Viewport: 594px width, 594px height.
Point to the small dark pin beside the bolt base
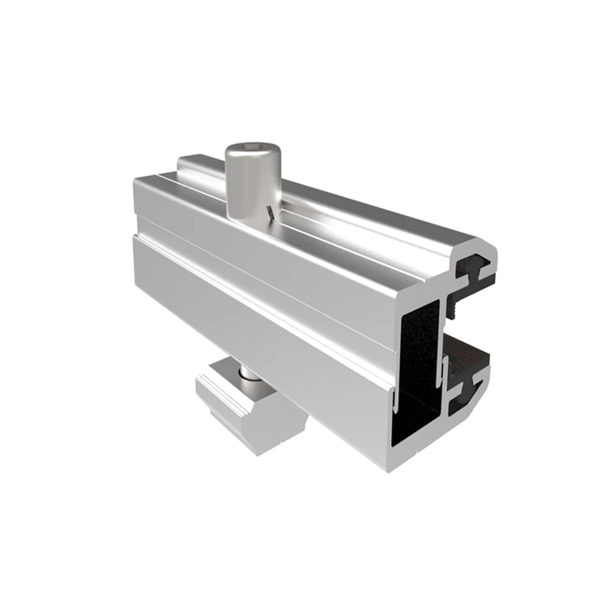tap(271, 212)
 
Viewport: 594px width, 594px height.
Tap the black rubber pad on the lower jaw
tap(469, 356)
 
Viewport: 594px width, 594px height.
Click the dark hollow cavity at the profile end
tap(421, 346)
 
